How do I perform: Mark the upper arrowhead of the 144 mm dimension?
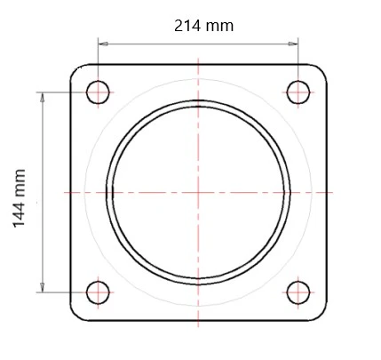point(42,94)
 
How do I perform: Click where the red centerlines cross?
point(198,191)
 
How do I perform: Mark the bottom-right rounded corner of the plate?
point(320,314)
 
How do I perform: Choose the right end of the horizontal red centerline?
point(333,191)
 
